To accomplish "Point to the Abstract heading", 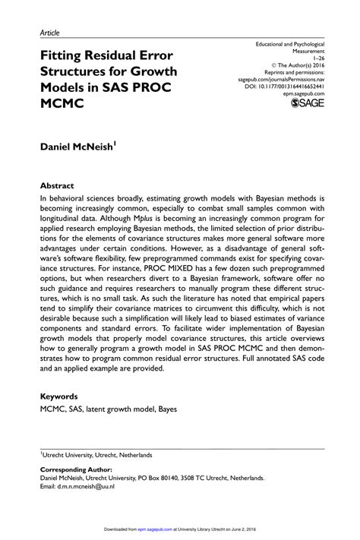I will pyautogui.click(x=57, y=185).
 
